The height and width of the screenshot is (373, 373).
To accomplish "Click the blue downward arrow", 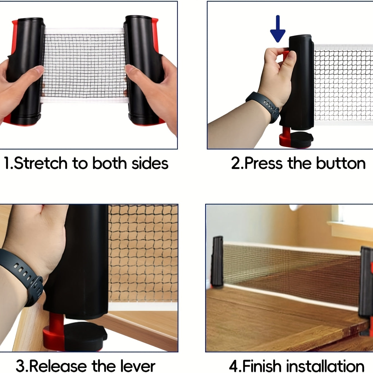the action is click(x=278, y=28).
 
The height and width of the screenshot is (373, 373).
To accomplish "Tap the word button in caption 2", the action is click(x=341, y=163).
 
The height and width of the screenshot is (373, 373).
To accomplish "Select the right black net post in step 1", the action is click(x=144, y=70).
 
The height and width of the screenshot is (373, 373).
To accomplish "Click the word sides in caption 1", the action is click(x=150, y=163).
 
